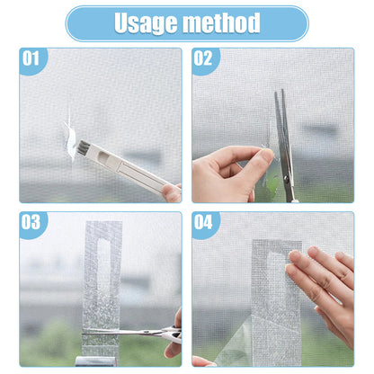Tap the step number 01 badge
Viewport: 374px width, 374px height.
click(31, 60)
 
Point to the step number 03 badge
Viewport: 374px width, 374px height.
click(31, 222)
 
